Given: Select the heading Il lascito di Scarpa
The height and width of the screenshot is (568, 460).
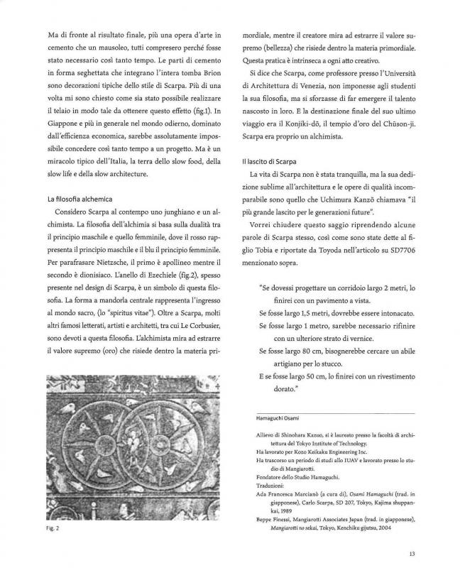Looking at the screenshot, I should click(x=268, y=163).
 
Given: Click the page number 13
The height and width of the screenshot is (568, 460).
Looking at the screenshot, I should click(x=412, y=555).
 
